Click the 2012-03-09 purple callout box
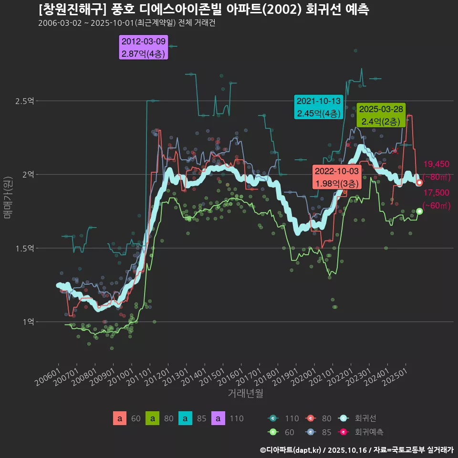144,48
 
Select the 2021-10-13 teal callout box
318,107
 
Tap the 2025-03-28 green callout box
381,115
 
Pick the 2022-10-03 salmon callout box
336,177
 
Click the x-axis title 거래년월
246,394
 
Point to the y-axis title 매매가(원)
8,198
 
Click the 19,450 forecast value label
436,165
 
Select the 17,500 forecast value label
436,193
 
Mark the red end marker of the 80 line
419,183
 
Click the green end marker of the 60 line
419,211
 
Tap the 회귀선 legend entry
365,418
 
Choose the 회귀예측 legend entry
369,432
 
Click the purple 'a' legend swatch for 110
218,418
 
